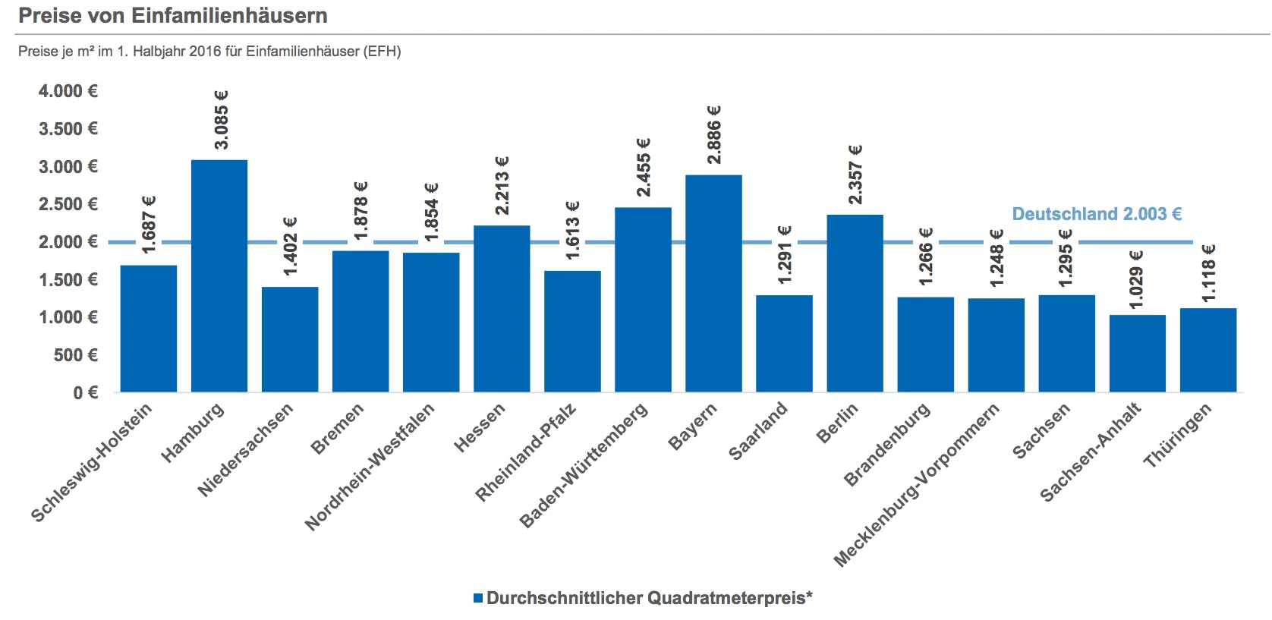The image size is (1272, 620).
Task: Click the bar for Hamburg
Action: click(219, 276)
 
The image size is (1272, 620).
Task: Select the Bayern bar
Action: click(714, 283)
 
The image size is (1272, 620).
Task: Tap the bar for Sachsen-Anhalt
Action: click(1138, 354)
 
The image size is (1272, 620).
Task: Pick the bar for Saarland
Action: click(784, 344)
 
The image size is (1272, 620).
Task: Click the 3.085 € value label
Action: click(221, 120)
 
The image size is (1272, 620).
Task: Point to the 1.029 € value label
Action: click(1136, 280)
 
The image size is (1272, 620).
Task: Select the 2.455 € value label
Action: click(644, 168)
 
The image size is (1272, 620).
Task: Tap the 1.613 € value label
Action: click(572, 231)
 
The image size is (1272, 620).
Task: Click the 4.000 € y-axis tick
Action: click(68, 91)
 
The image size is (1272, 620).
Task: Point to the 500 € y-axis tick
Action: click(76, 355)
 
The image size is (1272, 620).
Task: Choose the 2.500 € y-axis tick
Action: click(68, 204)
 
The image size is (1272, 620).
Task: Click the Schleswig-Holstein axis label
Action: click(91, 462)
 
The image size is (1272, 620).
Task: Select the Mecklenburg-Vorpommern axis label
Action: click(916, 485)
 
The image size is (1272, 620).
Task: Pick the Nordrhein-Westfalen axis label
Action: click(370, 467)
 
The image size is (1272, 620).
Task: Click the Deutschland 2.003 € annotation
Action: click(1097, 214)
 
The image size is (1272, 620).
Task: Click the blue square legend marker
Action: click(478, 598)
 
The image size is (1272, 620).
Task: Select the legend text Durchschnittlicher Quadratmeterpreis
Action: click(650, 598)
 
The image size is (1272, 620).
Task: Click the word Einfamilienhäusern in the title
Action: click(229, 15)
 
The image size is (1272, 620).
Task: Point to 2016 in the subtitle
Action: click(204, 51)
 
